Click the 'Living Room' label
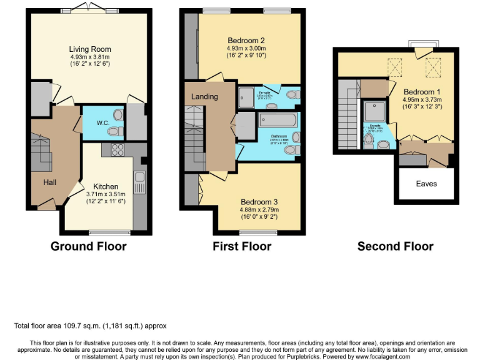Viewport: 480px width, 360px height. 90,49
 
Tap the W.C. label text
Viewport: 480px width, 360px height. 103,123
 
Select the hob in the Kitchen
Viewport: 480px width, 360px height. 117,149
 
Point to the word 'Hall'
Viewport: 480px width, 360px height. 50,182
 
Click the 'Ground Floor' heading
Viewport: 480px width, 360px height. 88,246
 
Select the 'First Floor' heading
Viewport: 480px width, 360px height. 242,246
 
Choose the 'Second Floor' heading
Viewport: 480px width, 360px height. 395,246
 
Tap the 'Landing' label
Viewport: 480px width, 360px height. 204,97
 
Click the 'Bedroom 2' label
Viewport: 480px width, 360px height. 246,40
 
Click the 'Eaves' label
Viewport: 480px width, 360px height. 427,184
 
